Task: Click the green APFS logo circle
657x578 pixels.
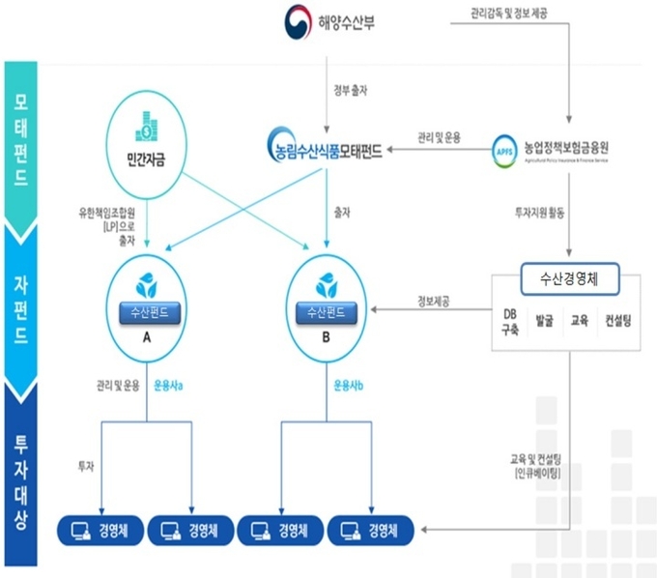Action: (x=502, y=151)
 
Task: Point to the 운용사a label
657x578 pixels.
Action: (x=169, y=387)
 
